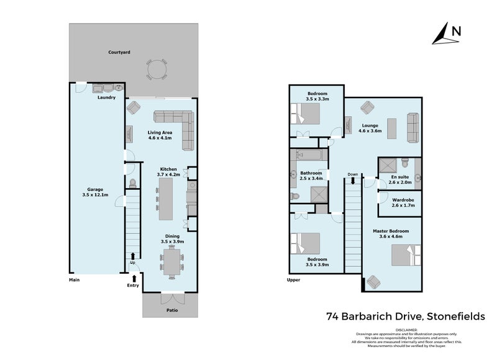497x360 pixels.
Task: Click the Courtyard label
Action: coord(119,52)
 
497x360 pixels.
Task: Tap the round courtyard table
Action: coord(157,69)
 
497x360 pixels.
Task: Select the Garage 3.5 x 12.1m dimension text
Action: coord(95,195)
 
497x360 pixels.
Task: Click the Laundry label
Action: coord(106,97)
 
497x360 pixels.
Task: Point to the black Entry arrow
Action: coord(134,279)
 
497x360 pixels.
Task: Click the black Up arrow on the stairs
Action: coord(133,256)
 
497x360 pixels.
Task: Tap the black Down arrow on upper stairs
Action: coord(353,181)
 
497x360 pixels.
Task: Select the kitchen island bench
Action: coord(165,199)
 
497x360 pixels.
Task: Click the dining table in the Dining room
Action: coord(172,262)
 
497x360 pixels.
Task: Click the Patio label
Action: coord(172,310)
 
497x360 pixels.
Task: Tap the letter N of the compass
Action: coord(456,32)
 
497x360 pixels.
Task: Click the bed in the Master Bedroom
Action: coord(406,255)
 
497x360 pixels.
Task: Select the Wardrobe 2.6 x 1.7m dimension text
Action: coord(403,205)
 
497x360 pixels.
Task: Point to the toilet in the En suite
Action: coord(405,163)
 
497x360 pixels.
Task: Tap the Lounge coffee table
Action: coord(392,128)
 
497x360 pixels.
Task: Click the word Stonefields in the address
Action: coord(456,317)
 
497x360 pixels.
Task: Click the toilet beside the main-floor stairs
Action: coord(133,183)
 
